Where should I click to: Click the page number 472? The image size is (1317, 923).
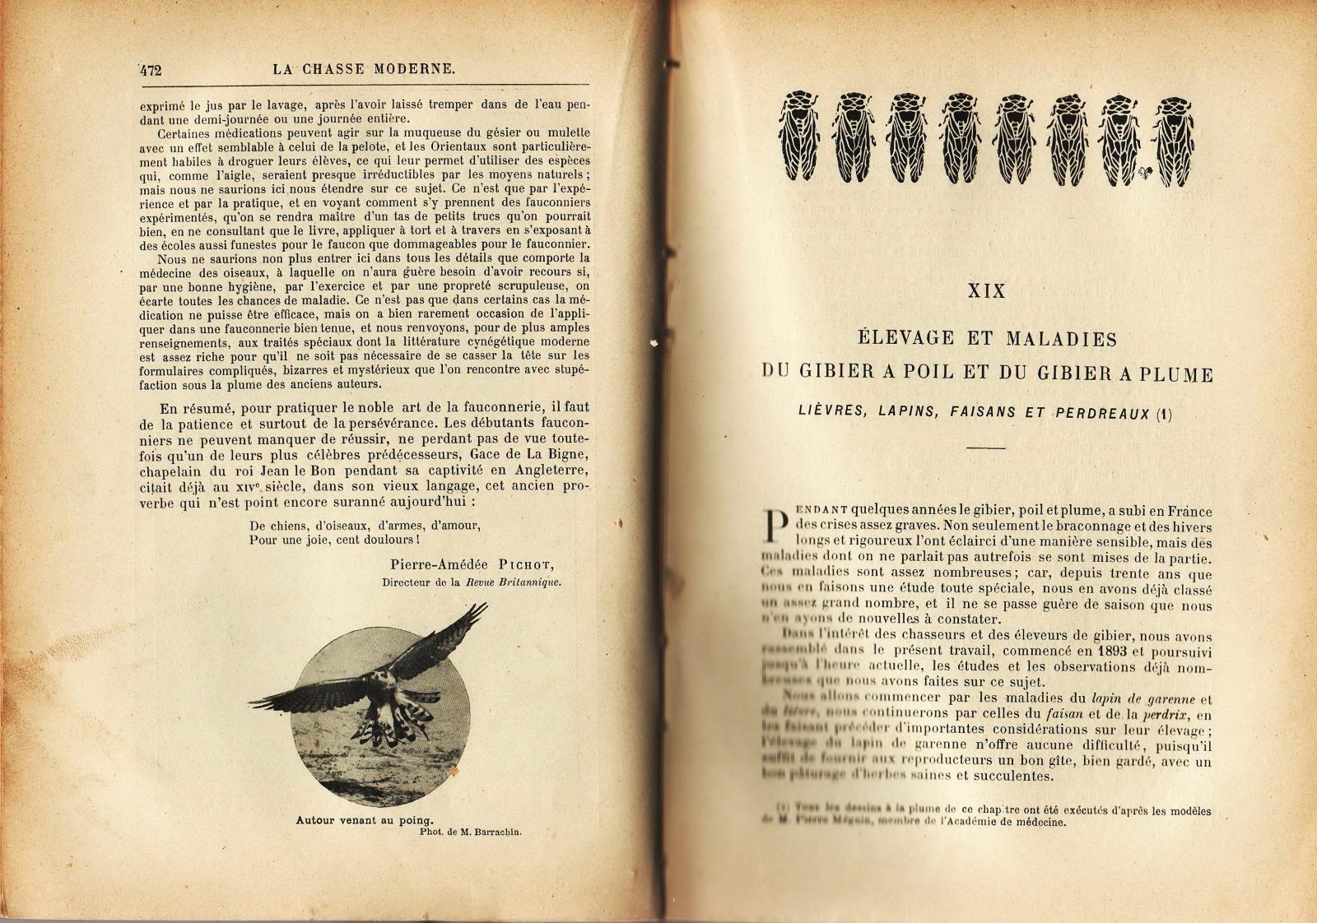(151, 70)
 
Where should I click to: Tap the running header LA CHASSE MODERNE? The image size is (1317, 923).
(364, 69)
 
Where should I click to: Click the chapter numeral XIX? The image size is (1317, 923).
(986, 291)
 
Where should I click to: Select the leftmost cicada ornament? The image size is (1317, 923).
(798, 136)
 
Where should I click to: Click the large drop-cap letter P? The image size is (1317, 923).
(774, 525)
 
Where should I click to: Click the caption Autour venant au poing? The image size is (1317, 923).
(364, 819)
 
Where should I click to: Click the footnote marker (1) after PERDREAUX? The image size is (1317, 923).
(1164, 415)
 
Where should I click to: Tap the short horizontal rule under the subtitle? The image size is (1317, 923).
(986, 448)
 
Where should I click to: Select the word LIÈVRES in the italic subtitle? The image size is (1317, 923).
(831, 410)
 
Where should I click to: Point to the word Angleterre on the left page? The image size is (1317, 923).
(553, 470)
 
